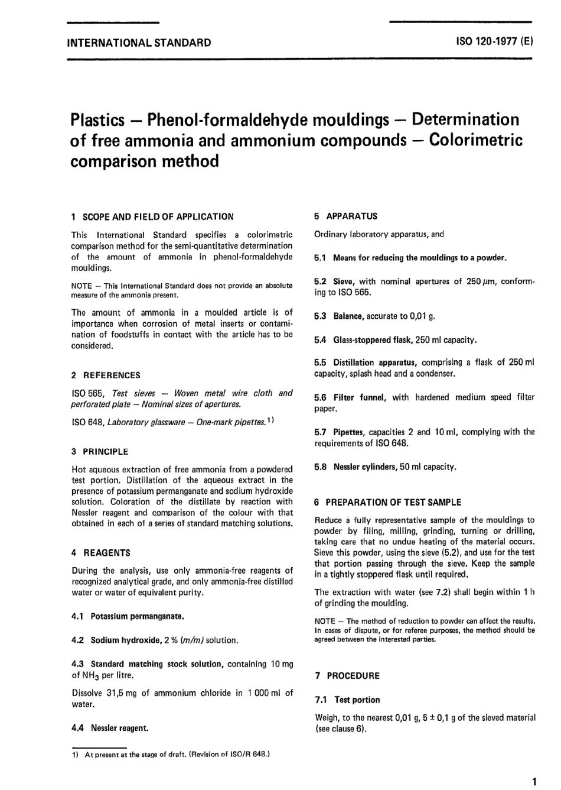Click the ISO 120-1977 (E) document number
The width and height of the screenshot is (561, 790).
(494, 43)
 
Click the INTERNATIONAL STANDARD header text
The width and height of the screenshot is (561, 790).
(140, 43)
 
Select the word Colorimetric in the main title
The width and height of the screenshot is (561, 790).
(475, 140)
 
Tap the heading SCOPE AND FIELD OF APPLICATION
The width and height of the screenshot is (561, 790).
(158, 216)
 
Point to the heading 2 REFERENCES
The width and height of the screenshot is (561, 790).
(106, 375)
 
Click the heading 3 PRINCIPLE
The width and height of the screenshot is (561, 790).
(100, 452)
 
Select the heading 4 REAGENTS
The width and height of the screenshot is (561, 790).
(101, 553)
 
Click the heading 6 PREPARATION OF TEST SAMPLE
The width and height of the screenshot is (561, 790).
(388, 502)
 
